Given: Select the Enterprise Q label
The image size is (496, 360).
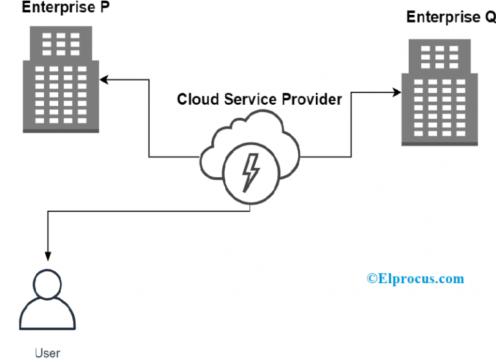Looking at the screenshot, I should [451, 17].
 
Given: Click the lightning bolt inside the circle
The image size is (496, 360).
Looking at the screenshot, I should [250, 171].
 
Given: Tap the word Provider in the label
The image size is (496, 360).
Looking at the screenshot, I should [312, 100].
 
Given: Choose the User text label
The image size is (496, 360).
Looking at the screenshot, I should [47, 352].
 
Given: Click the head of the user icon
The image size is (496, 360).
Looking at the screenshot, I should [47, 284].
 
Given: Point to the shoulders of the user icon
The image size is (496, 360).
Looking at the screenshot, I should [47, 317].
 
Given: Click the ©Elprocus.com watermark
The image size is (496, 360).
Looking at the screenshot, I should [415, 279].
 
